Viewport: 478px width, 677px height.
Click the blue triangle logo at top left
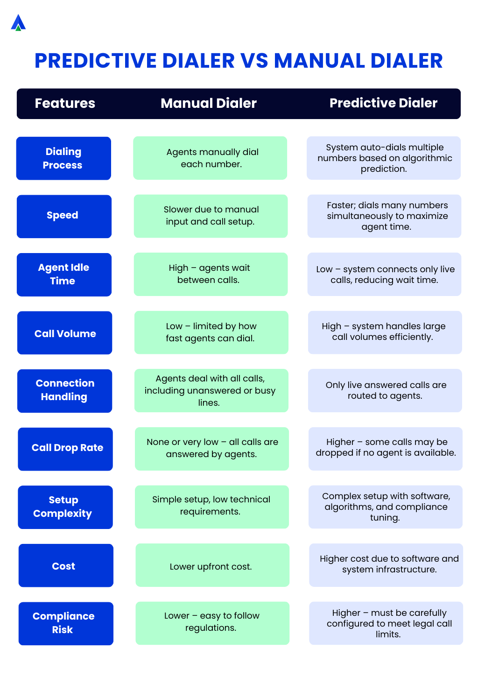18,23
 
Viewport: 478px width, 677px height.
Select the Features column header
65,103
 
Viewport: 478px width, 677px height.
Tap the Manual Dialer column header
209,103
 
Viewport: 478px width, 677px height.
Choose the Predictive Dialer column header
383,103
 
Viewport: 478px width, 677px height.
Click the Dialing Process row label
63,158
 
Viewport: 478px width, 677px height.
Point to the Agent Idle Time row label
64,274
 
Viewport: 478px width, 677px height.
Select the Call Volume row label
65,333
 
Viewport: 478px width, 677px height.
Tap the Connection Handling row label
65,390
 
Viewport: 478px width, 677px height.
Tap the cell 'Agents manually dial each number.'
210,158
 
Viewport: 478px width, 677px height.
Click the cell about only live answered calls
385,390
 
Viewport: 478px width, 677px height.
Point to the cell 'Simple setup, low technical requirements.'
211,506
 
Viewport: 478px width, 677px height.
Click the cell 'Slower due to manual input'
211,216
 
